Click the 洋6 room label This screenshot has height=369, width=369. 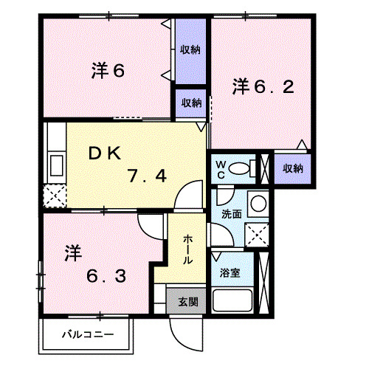(x=107, y=71)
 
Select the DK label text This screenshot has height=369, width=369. (x=108, y=153)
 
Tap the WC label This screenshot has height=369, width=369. (x=221, y=169)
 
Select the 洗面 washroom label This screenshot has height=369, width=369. (x=231, y=214)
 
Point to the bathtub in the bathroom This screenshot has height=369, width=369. (x=235, y=300)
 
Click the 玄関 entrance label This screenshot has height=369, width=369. (x=187, y=301)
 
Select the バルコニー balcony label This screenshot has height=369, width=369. (x=88, y=335)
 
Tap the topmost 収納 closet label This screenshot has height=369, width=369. (x=190, y=50)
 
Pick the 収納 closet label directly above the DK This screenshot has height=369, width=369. (x=190, y=103)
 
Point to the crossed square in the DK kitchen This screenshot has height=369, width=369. (x=54, y=196)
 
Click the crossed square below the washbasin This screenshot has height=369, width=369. (x=257, y=236)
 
